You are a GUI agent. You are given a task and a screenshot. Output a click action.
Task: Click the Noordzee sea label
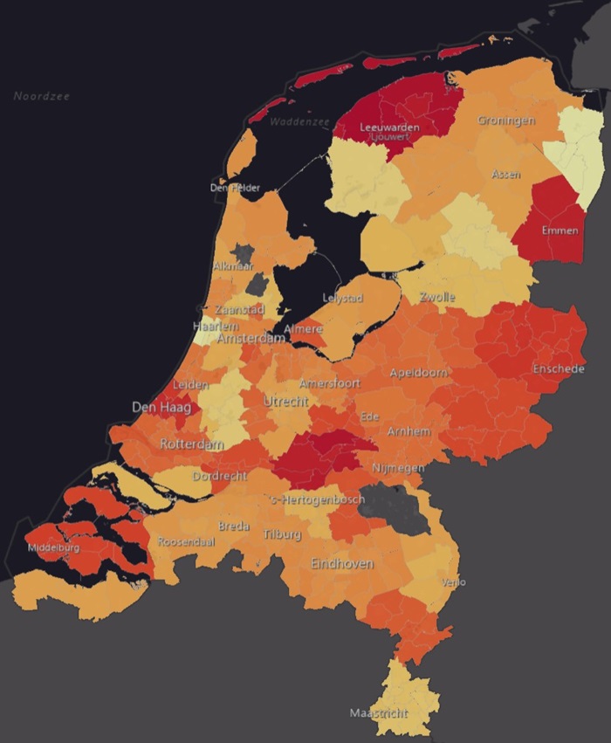click(42, 96)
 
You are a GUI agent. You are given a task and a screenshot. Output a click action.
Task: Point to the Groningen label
click(506, 120)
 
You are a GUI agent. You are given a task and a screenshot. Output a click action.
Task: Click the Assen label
click(506, 175)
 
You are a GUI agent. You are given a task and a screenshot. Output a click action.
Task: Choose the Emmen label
click(560, 230)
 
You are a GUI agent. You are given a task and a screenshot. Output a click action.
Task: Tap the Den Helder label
click(235, 188)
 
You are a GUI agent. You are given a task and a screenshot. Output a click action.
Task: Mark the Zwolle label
click(437, 297)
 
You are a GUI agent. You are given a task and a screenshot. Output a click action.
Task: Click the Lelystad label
click(342, 298)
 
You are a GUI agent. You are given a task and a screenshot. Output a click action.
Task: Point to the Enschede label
click(558, 369)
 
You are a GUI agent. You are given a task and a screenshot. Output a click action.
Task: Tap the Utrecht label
click(285, 401)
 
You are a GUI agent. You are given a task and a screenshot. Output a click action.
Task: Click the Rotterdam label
click(191, 444)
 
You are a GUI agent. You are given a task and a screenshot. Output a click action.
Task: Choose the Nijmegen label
click(398, 469)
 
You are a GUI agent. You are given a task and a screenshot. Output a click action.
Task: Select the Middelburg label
click(54, 547)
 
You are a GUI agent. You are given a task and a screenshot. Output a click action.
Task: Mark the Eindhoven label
click(342, 564)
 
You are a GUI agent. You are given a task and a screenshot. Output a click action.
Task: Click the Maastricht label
click(379, 713)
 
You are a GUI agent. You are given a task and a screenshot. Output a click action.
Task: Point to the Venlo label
click(454, 582)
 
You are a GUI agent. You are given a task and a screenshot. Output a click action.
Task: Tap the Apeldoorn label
click(419, 373)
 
